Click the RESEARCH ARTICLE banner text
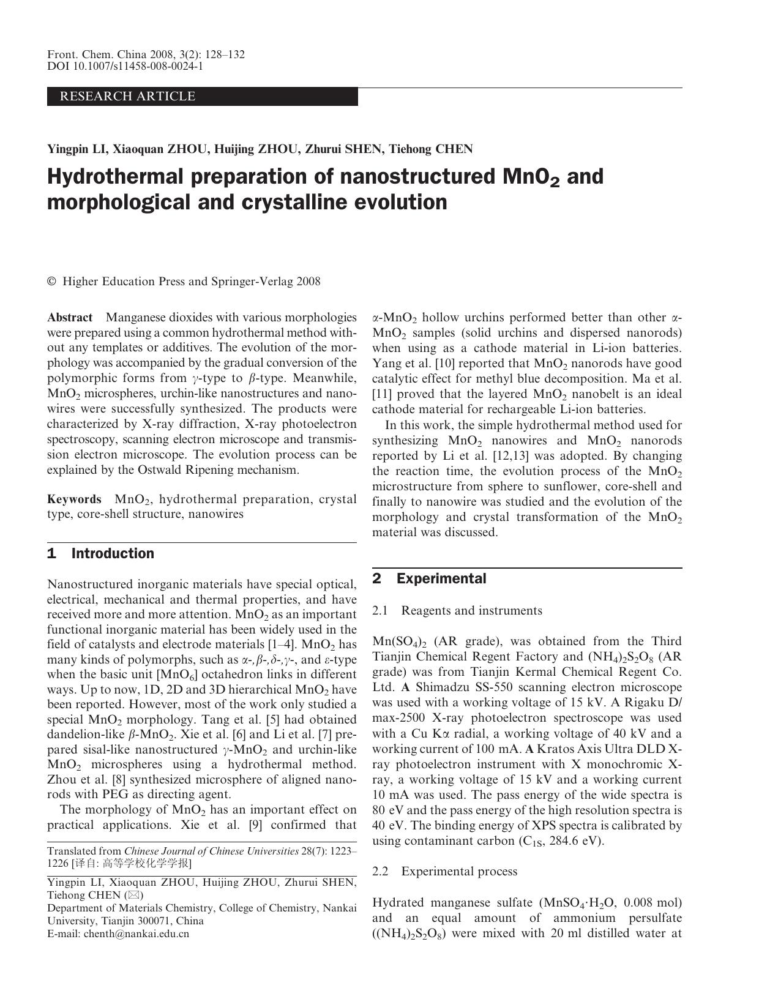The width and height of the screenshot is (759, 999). click(127, 96)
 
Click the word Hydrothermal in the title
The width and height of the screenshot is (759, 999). click(116, 176)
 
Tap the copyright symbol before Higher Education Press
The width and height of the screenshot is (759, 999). click(51, 282)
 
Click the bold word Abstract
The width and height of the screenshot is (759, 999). click(70, 317)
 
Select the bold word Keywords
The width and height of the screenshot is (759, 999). click(74, 499)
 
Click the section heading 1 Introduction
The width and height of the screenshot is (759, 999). click(101, 553)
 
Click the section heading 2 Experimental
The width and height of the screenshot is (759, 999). click(430, 578)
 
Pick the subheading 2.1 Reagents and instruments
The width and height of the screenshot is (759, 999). click(457, 610)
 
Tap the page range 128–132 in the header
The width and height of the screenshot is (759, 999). click(223, 54)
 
